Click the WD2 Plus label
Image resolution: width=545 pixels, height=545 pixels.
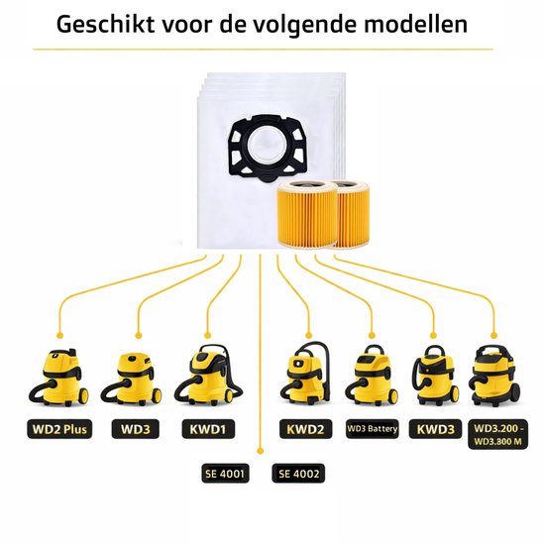click(59, 429)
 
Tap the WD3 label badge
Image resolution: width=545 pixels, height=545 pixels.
click(136, 429)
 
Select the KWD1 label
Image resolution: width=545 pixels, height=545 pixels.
click(208, 429)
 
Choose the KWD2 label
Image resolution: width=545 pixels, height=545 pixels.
click(305, 429)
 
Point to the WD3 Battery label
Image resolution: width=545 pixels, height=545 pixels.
click(372, 429)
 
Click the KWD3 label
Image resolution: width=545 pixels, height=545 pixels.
click(436, 429)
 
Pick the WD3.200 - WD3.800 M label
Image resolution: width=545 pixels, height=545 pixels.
click(498, 434)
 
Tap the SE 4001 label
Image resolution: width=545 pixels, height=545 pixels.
click(225, 474)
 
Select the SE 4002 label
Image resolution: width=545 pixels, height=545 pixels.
click(298, 474)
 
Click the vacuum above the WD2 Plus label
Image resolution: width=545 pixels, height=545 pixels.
click(58, 378)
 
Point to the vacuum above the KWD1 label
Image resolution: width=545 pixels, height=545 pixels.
click(208, 375)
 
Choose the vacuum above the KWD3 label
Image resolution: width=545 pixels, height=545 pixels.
click(433, 376)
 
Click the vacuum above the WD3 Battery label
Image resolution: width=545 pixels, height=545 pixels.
click(372, 375)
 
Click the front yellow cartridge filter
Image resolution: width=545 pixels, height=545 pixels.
click(307, 214)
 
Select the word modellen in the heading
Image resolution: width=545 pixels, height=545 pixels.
click(415, 25)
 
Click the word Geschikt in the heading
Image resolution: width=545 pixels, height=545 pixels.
click(105, 25)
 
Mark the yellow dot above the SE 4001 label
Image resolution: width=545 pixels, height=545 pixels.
click(260, 451)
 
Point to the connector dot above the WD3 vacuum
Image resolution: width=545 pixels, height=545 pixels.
click(139, 335)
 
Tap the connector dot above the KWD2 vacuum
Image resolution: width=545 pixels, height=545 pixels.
click(308, 335)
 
